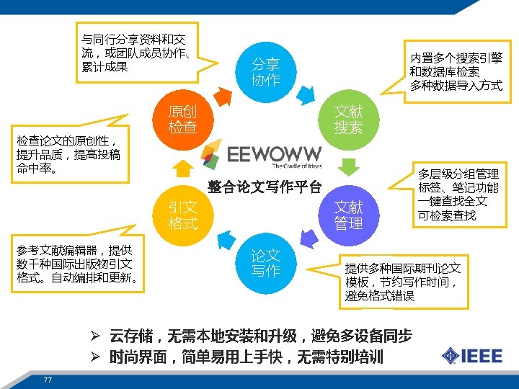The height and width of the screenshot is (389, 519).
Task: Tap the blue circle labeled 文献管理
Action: click(x=348, y=215)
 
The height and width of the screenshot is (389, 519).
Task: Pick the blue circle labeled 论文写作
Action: click(x=265, y=263)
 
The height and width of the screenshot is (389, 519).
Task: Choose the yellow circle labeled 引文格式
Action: click(x=182, y=215)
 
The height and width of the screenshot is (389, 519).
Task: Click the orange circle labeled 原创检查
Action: click(x=182, y=120)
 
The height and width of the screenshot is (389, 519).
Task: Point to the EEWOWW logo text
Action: click(x=274, y=154)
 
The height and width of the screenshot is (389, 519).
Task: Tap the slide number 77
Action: click(x=48, y=380)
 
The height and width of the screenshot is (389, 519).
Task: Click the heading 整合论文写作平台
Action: click(x=265, y=188)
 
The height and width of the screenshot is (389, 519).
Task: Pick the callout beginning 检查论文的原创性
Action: click(x=69, y=153)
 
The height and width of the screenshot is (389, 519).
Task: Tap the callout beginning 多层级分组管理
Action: click(x=458, y=194)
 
